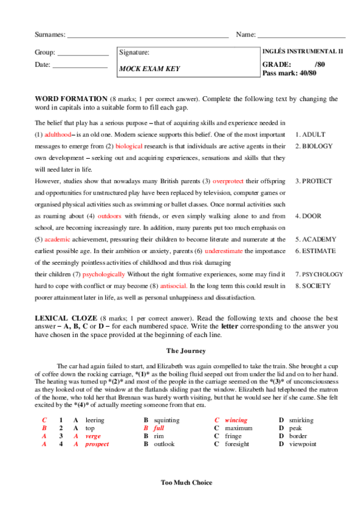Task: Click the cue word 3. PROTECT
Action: tap(314, 181)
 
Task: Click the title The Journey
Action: tap(186, 350)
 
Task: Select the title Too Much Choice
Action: tap(187, 483)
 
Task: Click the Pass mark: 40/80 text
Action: tap(289, 73)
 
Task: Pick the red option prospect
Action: tap(97, 444)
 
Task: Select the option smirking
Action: tap(301, 420)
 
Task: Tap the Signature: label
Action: tap(135, 53)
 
